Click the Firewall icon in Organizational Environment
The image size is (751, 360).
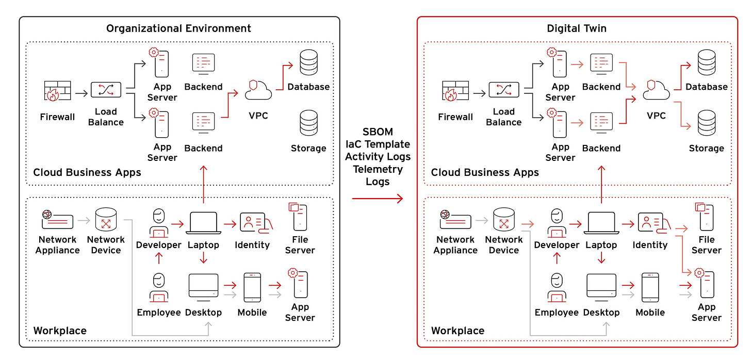click(x=57, y=91)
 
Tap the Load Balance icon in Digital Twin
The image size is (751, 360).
click(x=503, y=90)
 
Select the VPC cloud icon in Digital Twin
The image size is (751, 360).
click(x=656, y=90)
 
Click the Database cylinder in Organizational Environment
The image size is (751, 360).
click(x=308, y=62)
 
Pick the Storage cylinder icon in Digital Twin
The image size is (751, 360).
click(x=706, y=124)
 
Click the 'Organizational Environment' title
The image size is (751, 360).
click(x=178, y=28)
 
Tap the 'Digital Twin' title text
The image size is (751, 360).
click(x=577, y=28)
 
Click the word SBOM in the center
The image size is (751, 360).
click(x=378, y=133)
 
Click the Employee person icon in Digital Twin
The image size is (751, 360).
click(x=557, y=287)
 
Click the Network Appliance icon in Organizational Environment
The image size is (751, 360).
click(x=57, y=221)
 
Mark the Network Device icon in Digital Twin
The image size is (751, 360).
click(x=504, y=221)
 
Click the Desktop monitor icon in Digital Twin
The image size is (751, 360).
click(x=601, y=287)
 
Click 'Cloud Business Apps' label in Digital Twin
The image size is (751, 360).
click(x=485, y=173)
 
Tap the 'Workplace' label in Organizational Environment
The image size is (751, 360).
click(x=60, y=331)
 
